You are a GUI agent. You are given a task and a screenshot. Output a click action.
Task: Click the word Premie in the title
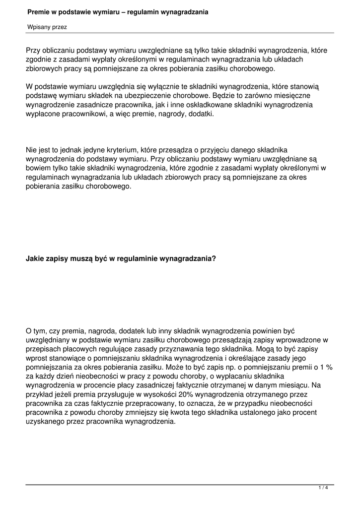(x=38, y=11)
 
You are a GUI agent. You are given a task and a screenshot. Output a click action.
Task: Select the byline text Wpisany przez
(x=47, y=27)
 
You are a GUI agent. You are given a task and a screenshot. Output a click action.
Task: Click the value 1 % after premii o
(x=326, y=367)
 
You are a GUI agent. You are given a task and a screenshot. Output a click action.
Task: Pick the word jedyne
(x=90, y=149)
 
